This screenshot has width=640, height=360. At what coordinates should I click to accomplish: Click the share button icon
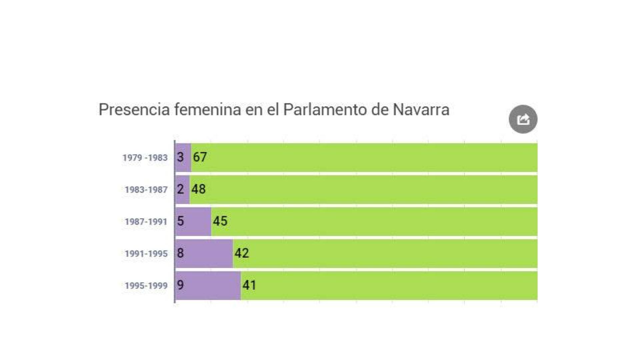(x=523, y=119)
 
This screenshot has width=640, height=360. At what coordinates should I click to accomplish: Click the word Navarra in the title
(x=421, y=110)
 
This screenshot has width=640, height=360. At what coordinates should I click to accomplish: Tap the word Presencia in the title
(x=134, y=110)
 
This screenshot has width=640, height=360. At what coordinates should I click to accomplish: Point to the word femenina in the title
(x=207, y=110)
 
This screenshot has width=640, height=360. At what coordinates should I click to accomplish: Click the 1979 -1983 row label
(x=145, y=158)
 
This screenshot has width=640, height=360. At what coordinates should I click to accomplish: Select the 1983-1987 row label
(x=146, y=190)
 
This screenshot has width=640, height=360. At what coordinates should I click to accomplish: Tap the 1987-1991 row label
(x=146, y=222)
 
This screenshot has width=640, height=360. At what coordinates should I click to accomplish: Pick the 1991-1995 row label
(x=146, y=254)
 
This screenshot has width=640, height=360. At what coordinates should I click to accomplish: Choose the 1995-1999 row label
(x=146, y=286)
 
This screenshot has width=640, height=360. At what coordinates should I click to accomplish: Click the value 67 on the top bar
(x=200, y=157)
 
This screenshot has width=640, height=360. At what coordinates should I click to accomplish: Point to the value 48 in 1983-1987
(x=198, y=189)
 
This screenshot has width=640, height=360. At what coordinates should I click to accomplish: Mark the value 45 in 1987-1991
(x=220, y=221)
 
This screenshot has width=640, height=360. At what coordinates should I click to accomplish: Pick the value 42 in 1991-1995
(x=242, y=253)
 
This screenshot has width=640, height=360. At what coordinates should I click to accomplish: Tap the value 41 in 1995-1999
(x=249, y=285)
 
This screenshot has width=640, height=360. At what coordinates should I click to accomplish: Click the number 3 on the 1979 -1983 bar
(x=180, y=157)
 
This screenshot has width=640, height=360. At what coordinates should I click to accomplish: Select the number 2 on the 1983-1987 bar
(x=180, y=189)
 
